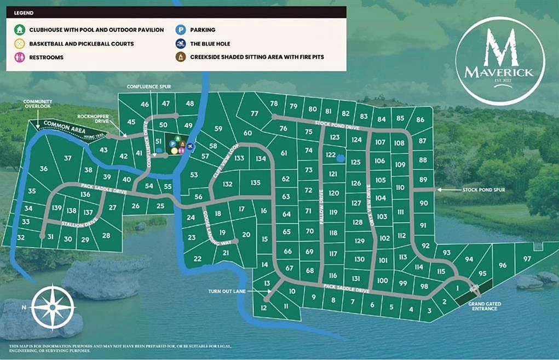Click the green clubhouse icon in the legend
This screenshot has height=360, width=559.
[x=20, y=30]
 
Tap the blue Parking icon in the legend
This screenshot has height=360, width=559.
[x=180, y=30]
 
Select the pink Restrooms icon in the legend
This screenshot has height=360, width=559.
[x=20, y=57]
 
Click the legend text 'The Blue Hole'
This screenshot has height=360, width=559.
[x=210, y=43]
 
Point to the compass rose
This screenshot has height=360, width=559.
[x=53, y=306]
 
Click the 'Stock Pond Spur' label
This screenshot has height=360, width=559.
[x=483, y=190]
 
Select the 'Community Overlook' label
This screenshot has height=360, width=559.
[x=38, y=104]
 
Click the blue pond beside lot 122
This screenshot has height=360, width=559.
[x=341, y=158]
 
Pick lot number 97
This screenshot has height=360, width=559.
[x=527, y=259]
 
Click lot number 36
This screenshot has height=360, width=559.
[x=44, y=169]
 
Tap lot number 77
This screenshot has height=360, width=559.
[x=255, y=113]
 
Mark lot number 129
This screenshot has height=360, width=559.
[x=359, y=241]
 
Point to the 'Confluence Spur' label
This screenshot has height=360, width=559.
[x=145, y=87]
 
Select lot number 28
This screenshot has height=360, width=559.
[x=106, y=236]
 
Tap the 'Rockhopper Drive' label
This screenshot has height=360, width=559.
[x=90, y=118]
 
